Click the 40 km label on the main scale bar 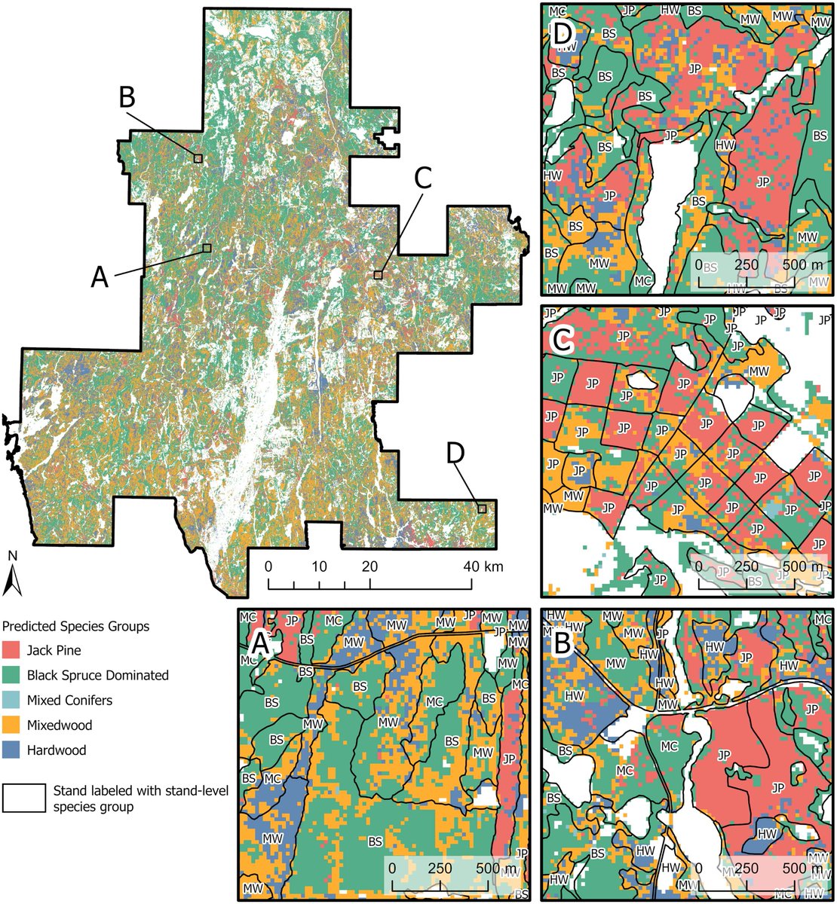483,567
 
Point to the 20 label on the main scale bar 370,567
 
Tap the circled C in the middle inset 562,341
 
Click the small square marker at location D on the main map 482,509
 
